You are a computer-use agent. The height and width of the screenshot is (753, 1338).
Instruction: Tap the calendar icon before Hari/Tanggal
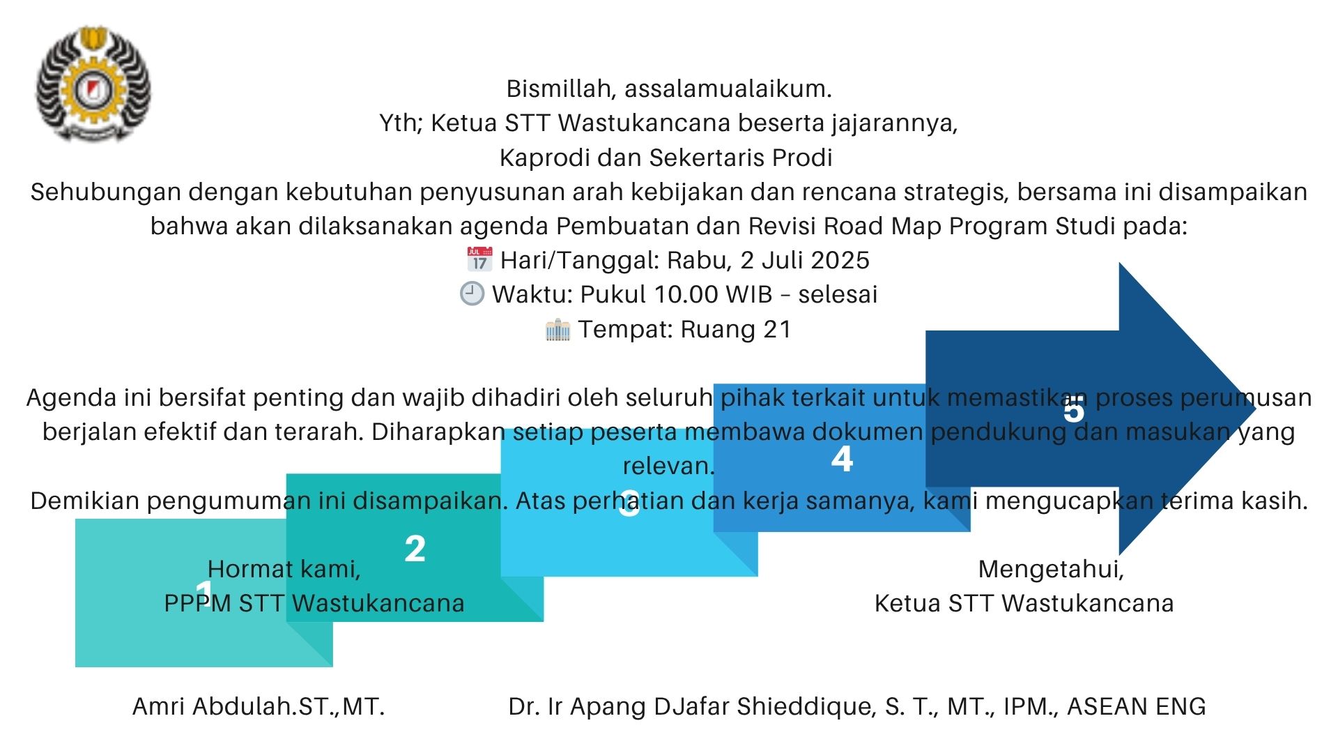tap(479, 259)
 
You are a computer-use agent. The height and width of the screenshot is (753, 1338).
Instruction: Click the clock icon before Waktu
tap(472, 294)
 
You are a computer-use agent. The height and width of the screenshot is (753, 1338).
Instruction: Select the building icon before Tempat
tap(557, 329)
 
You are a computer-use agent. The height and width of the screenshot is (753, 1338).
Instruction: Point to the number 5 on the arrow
tap(1074, 411)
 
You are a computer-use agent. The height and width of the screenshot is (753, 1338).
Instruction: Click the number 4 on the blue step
tap(842, 459)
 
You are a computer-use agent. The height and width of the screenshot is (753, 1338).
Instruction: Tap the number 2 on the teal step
tap(415, 549)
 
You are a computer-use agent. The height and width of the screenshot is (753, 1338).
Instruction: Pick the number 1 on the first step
tap(203, 593)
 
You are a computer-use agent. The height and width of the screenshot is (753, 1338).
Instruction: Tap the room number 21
tap(778, 329)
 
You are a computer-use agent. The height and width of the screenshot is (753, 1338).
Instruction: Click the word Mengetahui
tap(1051, 569)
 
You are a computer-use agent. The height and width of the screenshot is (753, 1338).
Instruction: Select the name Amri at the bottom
tap(159, 706)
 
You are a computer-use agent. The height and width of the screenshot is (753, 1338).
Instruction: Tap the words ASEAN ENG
tap(1136, 706)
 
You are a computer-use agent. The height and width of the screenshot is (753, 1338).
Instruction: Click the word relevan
tap(668, 466)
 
